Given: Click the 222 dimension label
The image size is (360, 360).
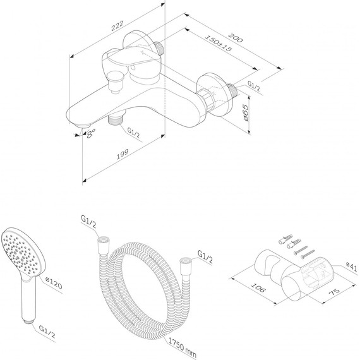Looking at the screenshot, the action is pos(117,25).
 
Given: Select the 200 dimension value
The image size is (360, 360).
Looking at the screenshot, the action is pos(236,37).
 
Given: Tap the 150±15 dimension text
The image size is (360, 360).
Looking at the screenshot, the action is pos(219,43).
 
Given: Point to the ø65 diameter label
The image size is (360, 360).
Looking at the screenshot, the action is pos(245,112).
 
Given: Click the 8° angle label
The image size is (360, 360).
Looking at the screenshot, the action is pos(90,133).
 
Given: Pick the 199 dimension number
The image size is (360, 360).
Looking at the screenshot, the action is pos(123,154).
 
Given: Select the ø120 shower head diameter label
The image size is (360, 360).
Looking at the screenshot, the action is pos(54,283).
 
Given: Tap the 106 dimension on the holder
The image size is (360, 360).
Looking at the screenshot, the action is pos(258,287).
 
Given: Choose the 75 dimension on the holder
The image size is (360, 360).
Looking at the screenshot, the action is pos(334,291).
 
